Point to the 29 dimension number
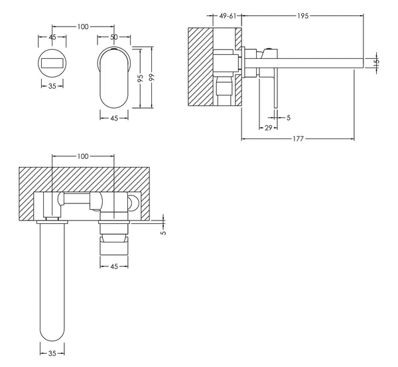(268, 127)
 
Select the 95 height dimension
(141, 78)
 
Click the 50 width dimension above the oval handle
(113, 37)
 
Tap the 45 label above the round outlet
(51, 37)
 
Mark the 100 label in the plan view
(82, 156)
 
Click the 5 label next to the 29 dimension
(288, 118)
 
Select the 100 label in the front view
(82, 26)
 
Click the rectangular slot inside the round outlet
(51, 62)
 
